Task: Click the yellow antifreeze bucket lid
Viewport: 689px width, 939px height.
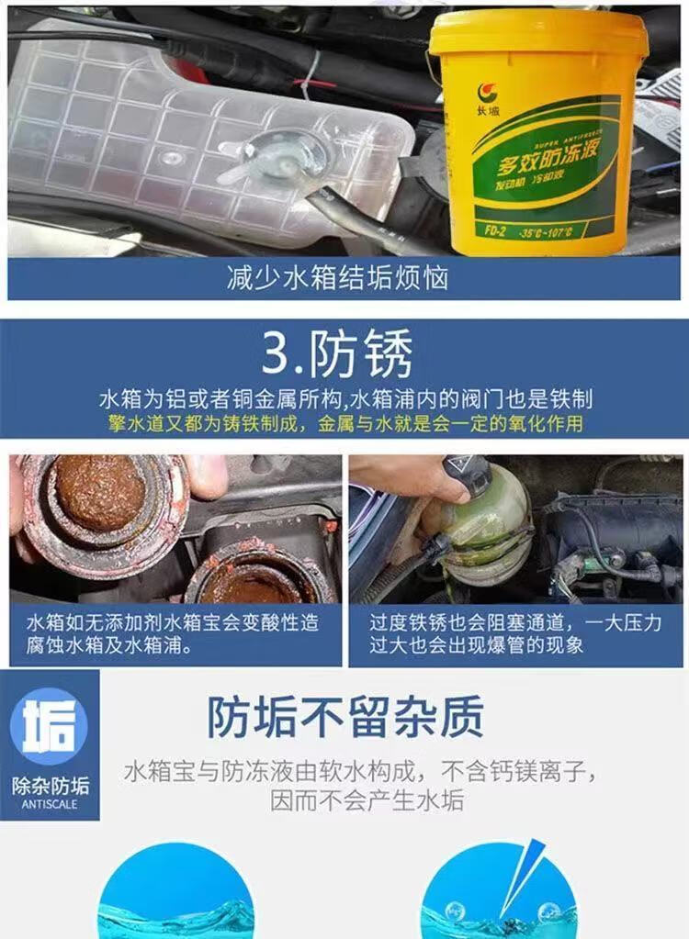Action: (x=538, y=33)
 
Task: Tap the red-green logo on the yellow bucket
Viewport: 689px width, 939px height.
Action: (x=488, y=93)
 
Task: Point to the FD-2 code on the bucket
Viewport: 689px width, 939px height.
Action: (x=494, y=230)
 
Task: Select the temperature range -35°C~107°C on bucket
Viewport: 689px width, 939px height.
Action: (x=546, y=231)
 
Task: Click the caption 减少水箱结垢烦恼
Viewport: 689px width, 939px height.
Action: (x=337, y=278)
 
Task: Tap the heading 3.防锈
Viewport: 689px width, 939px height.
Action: (x=337, y=353)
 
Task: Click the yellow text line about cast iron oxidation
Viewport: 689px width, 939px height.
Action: (x=345, y=423)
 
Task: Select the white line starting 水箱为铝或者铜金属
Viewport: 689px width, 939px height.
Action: (x=345, y=399)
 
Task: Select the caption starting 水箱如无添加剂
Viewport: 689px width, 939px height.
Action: (x=173, y=634)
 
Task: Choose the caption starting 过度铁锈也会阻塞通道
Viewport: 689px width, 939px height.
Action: (x=515, y=634)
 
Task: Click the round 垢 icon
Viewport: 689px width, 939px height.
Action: (x=49, y=725)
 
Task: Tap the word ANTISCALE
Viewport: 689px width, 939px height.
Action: (x=50, y=804)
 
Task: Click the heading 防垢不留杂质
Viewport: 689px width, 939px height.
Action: (x=345, y=717)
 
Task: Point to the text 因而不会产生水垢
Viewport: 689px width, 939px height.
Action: (x=367, y=800)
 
